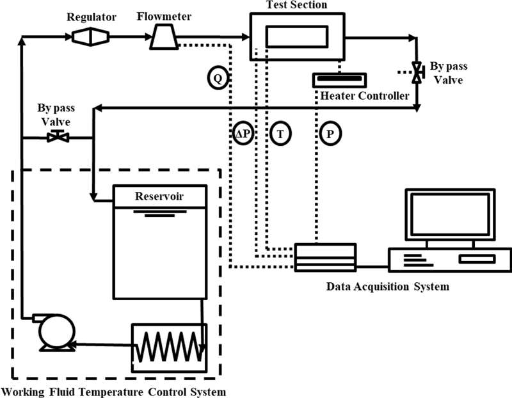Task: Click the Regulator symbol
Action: (x=86, y=38)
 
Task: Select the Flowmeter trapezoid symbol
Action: (x=163, y=40)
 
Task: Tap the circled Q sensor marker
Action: (x=218, y=78)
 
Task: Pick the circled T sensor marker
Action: (x=280, y=134)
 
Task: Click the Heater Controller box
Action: (x=340, y=80)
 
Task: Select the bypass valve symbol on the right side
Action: (x=417, y=72)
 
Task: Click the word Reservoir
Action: (x=159, y=196)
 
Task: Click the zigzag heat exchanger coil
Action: (x=168, y=347)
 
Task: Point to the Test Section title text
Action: (x=296, y=6)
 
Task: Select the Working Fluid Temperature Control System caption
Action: (x=114, y=390)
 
